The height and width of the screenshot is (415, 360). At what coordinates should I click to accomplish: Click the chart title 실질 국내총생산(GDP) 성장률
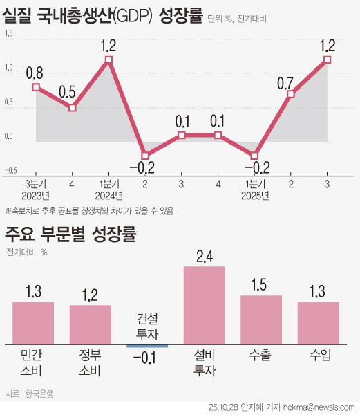(x=104, y=14)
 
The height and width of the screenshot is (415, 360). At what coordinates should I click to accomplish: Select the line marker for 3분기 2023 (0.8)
(x=36, y=87)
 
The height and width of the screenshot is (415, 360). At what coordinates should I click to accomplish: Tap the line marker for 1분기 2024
(x=108, y=60)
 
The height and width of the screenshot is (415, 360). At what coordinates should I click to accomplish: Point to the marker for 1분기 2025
(x=254, y=156)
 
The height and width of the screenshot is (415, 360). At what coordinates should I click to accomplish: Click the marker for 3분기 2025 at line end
(x=327, y=60)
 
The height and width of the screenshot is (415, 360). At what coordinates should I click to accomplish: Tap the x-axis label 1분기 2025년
(x=254, y=189)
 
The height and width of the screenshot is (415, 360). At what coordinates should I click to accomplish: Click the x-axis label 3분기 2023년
(x=36, y=189)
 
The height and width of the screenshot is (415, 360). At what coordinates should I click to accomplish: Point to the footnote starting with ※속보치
(x=89, y=210)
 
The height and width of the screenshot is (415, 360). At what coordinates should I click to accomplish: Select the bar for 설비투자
(x=204, y=305)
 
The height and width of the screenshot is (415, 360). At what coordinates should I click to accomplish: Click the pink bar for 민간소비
(x=33, y=322)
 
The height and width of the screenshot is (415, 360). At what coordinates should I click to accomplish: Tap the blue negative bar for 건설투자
(x=146, y=344)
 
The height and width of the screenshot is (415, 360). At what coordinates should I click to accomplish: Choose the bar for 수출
(x=260, y=320)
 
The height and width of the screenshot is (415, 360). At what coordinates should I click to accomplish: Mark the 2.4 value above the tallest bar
(x=205, y=256)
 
